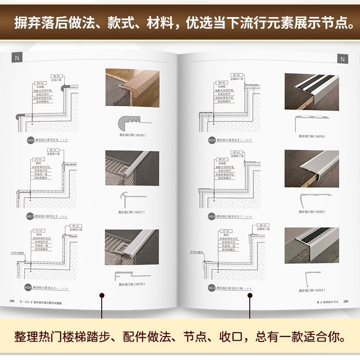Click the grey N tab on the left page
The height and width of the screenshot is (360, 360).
click(17, 58)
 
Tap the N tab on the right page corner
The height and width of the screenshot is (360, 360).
click(342, 59)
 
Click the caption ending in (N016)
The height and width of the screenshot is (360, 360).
click(132, 135)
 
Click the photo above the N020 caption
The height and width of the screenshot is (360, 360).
click(311, 168)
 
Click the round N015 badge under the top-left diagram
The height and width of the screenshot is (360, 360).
click(30, 140)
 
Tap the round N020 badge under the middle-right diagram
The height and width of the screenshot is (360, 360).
click(212, 216)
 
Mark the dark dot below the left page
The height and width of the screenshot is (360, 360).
click(102, 296)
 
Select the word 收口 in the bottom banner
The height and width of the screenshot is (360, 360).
click(243, 337)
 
